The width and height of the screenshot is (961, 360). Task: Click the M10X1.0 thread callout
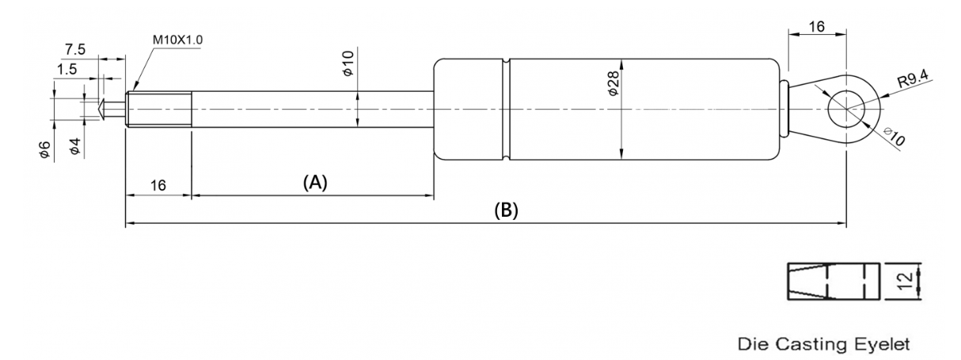coord(177,40)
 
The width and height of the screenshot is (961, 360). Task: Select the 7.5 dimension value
coord(75,50)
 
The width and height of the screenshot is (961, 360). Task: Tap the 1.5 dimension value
coord(67,69)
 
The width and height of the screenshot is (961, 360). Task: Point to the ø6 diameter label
coord(45,151)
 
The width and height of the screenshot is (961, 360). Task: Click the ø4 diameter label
coord(74,146)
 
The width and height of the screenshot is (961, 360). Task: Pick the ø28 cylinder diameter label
coord(613,83)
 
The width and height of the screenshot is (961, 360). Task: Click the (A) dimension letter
coord(315,182)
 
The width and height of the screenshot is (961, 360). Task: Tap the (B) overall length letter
coord(507,210)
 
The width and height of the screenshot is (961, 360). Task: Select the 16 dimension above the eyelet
coord(816,27)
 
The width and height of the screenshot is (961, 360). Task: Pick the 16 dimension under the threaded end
coord(158,186)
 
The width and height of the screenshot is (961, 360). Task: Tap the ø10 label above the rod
coord(348,63)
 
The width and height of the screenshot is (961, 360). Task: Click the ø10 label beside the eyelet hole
coord(894,137)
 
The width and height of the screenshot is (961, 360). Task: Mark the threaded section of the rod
coord(159,109)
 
